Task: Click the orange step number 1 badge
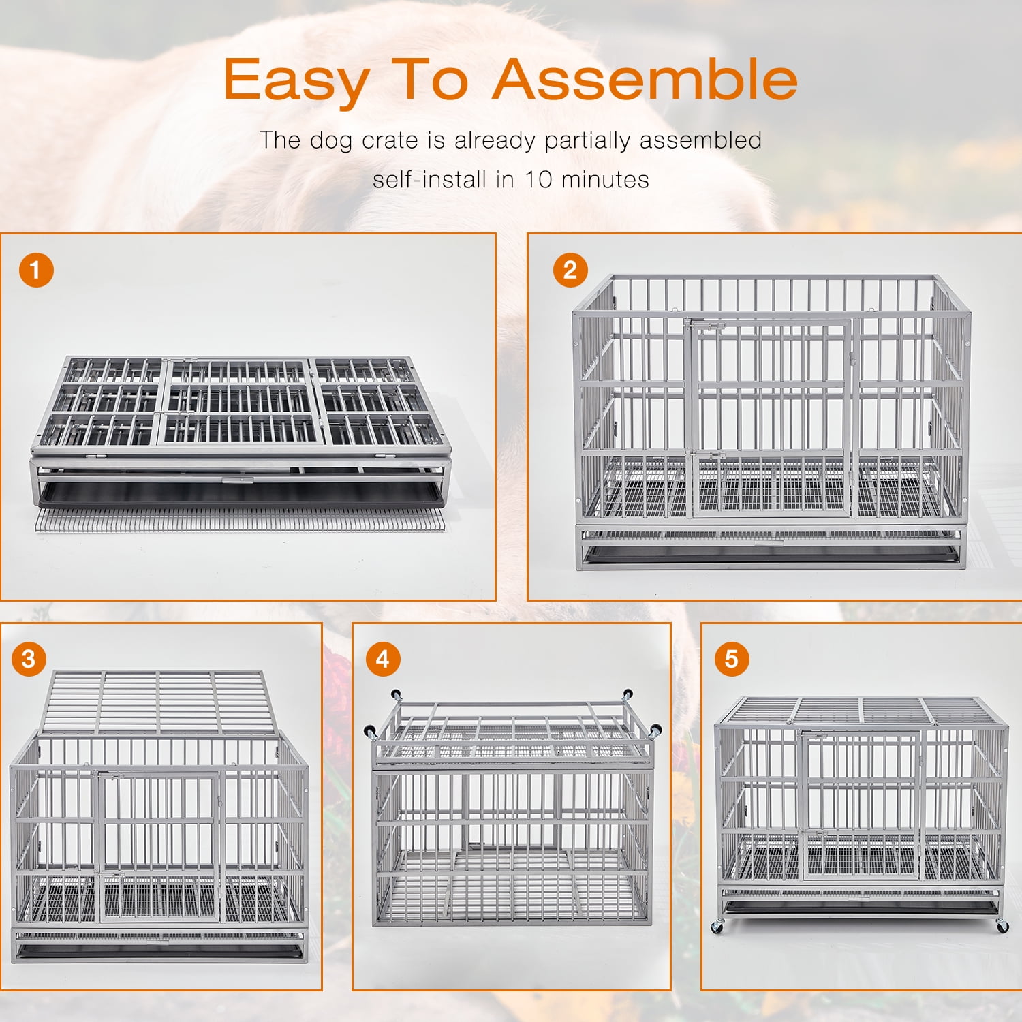36,270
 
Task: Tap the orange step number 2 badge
570,270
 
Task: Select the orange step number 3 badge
29,659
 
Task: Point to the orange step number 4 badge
383,659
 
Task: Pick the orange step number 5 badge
732,659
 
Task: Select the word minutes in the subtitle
605,179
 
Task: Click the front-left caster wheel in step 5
717,927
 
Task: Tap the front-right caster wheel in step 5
1002,927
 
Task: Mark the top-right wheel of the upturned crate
626,695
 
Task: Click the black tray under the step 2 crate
770,553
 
